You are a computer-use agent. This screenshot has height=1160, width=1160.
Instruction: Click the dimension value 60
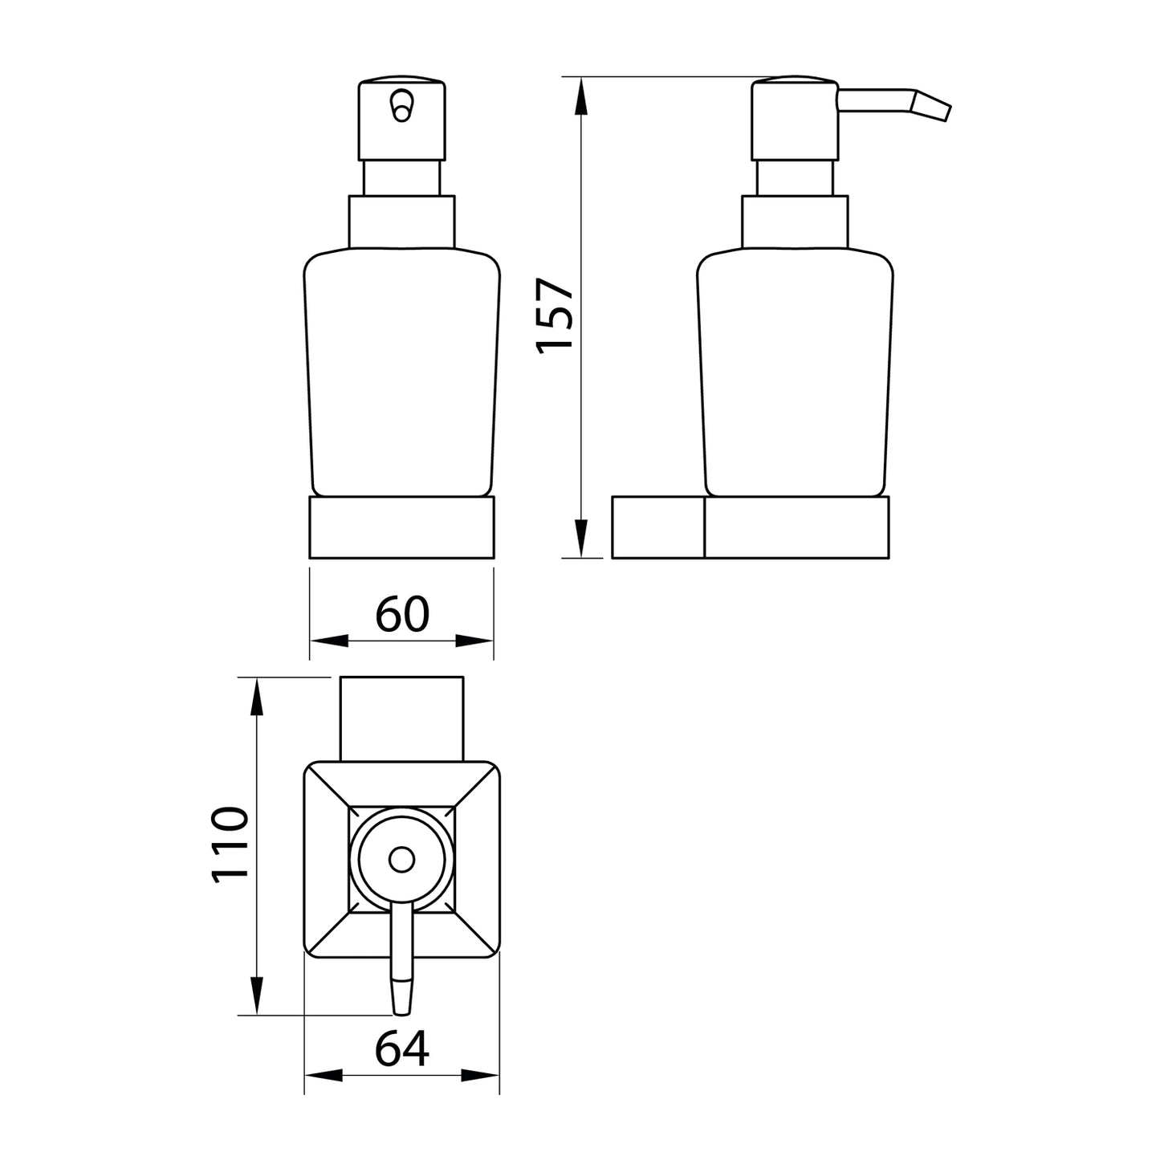(x=402, y=614)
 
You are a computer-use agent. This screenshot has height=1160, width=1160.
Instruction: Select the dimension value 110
(x=230, y=847)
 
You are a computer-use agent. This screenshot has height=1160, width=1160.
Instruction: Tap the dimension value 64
(x=402, y=1048)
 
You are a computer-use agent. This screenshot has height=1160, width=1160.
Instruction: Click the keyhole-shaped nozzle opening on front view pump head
(x=401, y=105)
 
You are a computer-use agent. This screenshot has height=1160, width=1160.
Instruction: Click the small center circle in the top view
(x=400, y=861)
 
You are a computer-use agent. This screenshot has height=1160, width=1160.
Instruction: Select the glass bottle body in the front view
(x=401, y=373)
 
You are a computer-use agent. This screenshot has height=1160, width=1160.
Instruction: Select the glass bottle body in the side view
(x=795, y=373)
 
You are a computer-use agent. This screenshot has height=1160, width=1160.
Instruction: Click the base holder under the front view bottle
(x=401, y=527)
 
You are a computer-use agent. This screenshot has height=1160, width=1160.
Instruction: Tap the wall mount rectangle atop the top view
(x=402, y=717)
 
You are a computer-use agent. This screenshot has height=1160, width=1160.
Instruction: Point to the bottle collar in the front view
(x=401, y=222)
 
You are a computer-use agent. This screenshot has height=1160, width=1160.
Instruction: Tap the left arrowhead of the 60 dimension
(x=329, y=641)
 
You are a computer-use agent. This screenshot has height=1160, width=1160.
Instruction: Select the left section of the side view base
(x=657, y=527)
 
